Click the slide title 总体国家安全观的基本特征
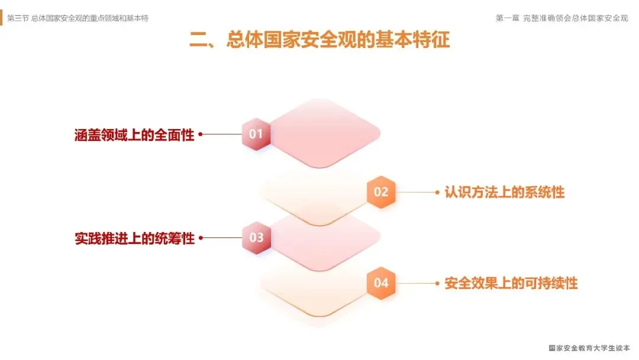point(338,40)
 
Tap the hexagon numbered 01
point(256,134)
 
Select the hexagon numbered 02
point(381,192)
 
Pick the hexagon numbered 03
point(256,238)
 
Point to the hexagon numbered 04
point(381,283)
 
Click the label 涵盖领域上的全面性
point(134,134)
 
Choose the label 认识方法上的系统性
point(504,192)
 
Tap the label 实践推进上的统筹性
point(134,239)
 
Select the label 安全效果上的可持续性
point(511,284)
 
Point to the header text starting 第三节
point(78,18)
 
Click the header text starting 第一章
point(561,18)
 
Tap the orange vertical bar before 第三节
point(2,18)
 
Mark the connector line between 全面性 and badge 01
point(222,134)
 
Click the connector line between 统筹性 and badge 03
point(222,239)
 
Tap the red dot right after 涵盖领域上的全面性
point(201,134)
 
